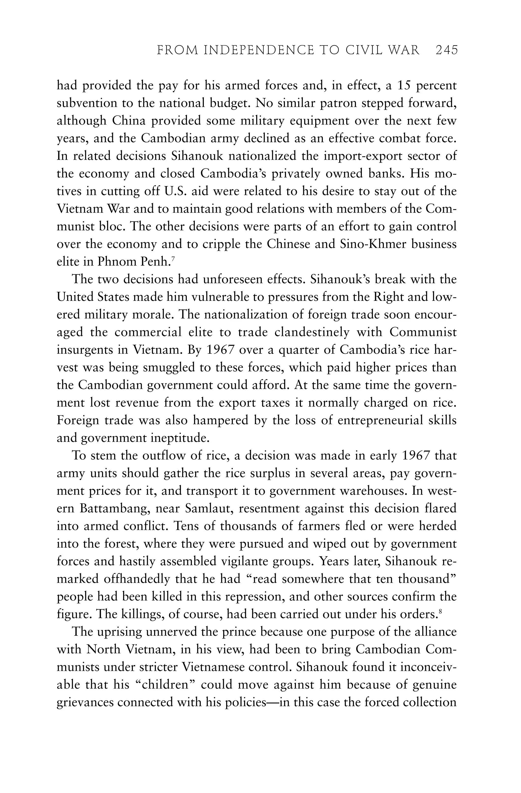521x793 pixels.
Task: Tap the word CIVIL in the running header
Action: point(365,50)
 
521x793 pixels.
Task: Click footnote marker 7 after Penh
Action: point(173,259)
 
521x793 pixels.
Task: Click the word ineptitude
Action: point(180,438)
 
